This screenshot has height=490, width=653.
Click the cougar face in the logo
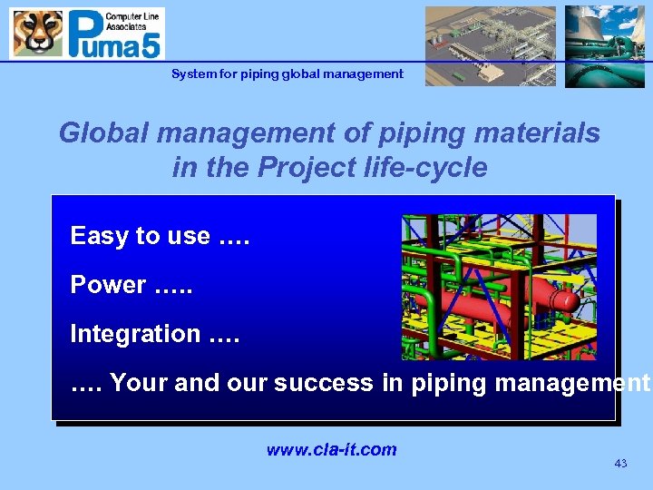point(37,34)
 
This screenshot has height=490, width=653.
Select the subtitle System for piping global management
point(287,73)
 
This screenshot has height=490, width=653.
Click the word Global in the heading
point(104,133)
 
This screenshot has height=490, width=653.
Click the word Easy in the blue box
point(99,236)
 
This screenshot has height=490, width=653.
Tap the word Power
point(108,285)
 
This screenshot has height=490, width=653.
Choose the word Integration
point(135,334)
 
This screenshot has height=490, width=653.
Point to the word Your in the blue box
point(138,383)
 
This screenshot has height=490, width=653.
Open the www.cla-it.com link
point(331,449)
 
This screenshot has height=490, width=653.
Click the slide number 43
point(620,464)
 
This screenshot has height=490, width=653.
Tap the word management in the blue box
point(570,383)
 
